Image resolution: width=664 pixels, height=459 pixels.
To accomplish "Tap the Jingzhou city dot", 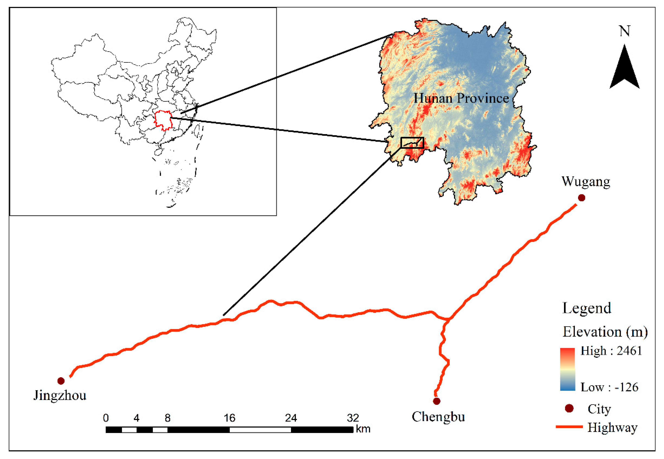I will point(61,381).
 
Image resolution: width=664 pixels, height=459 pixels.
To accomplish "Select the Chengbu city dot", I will point(437,401).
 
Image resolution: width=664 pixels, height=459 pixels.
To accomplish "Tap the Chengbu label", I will point(438,417).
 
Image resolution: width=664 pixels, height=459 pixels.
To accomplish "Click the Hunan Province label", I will point(461,98).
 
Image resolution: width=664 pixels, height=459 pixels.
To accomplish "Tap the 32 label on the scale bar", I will point(353,418).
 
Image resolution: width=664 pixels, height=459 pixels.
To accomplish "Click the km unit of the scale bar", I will point(363,429).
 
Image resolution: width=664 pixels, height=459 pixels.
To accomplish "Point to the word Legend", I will point(587,308).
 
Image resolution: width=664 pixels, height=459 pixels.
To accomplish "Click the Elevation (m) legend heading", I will point(605,332).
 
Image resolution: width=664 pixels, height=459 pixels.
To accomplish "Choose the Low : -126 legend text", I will point(609,387).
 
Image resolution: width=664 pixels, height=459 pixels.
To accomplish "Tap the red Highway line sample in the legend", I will point(569,427).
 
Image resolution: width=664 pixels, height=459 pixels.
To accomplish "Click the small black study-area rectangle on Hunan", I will point(412,143).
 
